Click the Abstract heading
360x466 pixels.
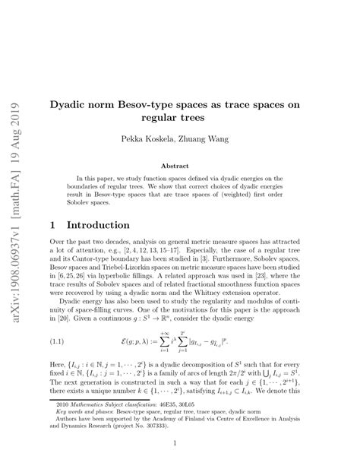[179, 164]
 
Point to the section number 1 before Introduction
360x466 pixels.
[52, 226]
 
